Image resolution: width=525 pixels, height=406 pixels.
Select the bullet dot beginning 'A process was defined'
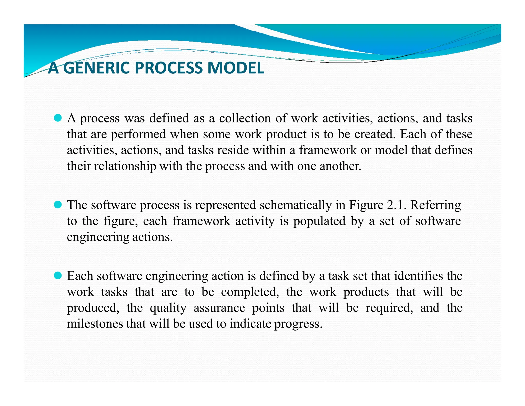click(x=58, y=118)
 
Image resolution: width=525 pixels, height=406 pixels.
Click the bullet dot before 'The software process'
click(x=58, y=205)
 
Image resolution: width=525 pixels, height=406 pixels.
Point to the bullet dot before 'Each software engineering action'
click(x=58, y=276)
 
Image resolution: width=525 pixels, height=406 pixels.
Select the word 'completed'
click(x=250, y=292)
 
